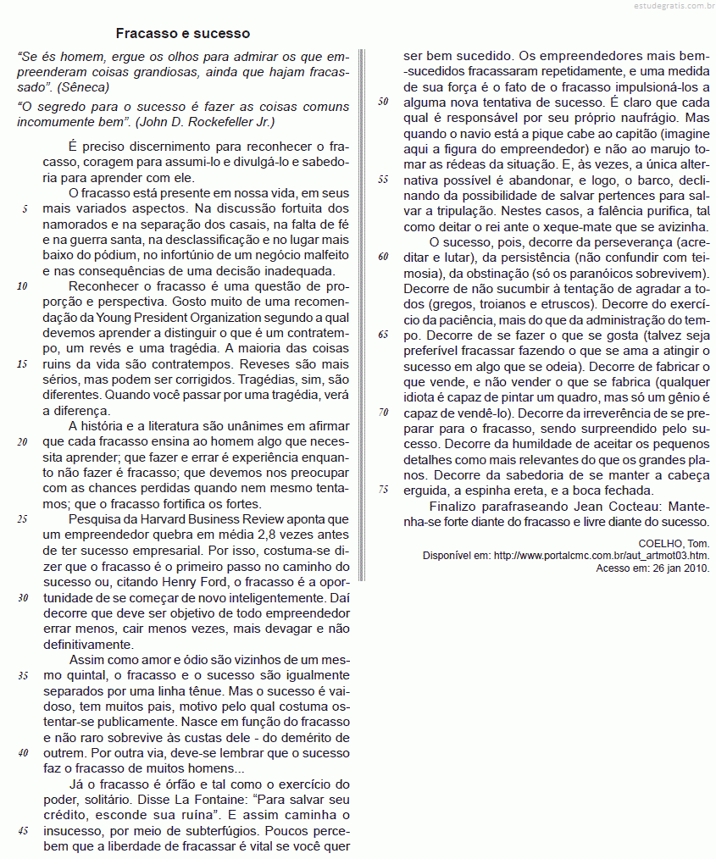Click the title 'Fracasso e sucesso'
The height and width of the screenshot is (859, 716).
[183, 34]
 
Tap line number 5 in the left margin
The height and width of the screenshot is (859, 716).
[25, 208]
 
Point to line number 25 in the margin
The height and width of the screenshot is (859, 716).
[23, 518]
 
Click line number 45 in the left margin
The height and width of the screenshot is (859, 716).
[23, 830]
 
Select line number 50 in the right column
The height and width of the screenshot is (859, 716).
[383, 102]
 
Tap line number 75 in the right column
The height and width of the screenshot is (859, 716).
[383, 490]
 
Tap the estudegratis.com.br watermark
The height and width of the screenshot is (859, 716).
[669, 7]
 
